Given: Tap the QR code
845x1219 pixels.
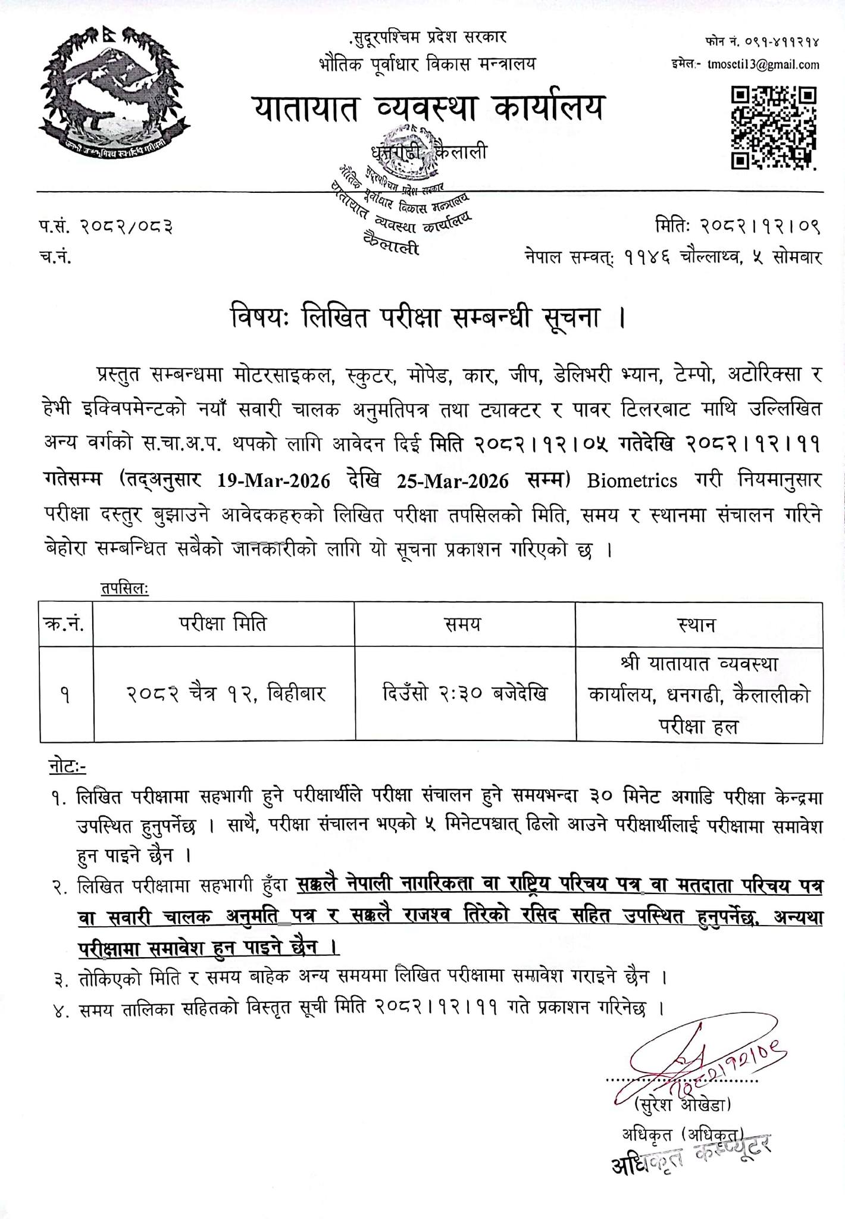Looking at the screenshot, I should coord(773,127).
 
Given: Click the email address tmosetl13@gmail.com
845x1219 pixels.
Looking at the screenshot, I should coord(763,65).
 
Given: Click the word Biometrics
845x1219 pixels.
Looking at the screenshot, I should coord(632,481).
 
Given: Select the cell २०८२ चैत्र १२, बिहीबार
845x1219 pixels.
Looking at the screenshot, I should coord(225,694).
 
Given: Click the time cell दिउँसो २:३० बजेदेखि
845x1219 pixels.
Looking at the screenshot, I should coord(465,693).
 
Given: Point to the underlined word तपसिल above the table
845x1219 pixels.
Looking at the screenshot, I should coord(124,589).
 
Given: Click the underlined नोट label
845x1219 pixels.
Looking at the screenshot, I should coord(66,768).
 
